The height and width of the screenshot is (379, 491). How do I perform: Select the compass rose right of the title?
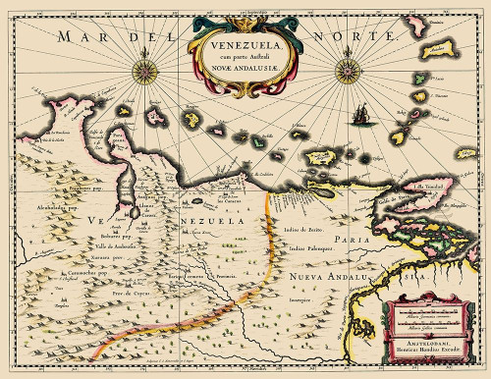click(x=347, y=69)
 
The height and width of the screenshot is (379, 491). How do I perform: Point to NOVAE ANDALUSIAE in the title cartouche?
click(x=242, y=67)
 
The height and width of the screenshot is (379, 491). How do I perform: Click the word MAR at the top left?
click(x=80, y=36)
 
